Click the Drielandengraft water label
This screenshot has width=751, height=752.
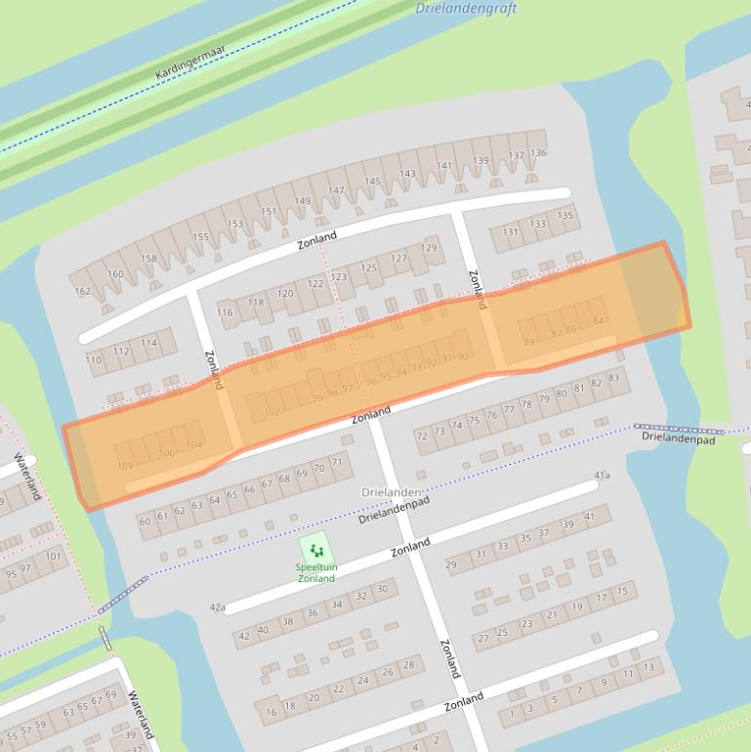(x=465, y=9)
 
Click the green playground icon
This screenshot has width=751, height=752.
(x=314, y=551)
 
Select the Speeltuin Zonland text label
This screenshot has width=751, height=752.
(x=315, y=572)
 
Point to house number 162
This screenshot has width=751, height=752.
(x=82, y=291)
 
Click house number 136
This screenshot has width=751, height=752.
(x=538, y=152)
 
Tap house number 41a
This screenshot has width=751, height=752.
(x=603, y=476)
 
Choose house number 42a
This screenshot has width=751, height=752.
(x=217, y=607)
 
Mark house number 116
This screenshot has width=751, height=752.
(x=226, y=313)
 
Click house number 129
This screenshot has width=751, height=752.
(x=430, y=247)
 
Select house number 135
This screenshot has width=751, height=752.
(x=565, y=216)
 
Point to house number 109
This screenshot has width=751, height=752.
(x=125, y=466)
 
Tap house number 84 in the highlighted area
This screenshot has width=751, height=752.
(x=599, y=320)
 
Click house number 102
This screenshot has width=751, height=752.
(x=271, y=412)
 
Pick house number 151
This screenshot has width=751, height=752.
(x=269, y=212)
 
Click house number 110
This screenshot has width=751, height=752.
(x=94, y=360)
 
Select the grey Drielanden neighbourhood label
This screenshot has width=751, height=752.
(x=392, y=491)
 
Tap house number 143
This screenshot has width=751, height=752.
(x=407, y=175)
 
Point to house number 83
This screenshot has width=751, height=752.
(x=613, y=378)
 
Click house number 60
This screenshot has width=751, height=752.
(x=145, y=522)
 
